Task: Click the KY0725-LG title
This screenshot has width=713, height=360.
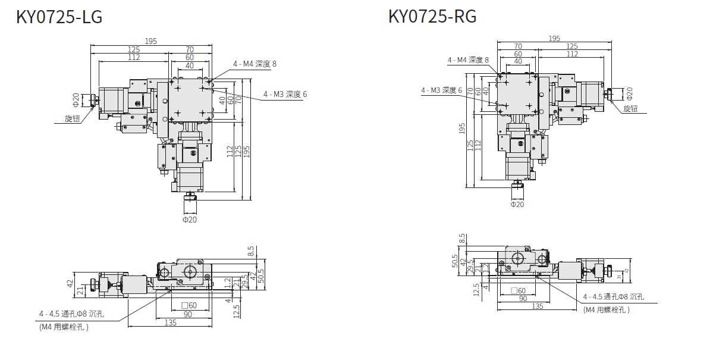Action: (x=59, y=17)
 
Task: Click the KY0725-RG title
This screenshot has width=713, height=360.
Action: (x=432, y=17)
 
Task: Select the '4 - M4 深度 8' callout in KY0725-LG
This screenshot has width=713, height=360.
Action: (x=255, y=64)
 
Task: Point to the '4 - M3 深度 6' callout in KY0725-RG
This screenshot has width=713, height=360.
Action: (x=442, y=90)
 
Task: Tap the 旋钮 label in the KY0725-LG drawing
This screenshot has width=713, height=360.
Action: (x=73, y=118)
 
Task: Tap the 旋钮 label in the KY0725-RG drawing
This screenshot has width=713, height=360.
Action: (x=630, y=109)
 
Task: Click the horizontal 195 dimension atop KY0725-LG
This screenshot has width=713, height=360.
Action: (x=150, y=41)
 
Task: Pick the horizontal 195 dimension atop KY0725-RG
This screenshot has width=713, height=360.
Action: (x=554, y=39)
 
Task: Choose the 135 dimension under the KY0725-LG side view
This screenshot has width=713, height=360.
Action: (x=171, y=323)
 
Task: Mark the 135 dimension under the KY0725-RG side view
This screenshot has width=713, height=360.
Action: (x=537, y=306)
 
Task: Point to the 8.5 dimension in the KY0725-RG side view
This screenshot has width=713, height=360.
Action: (x=463, y=238)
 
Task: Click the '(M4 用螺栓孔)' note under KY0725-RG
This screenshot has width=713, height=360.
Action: (x=606, y=309)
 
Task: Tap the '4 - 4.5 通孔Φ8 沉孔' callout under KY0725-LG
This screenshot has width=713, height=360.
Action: (x=71, y=314)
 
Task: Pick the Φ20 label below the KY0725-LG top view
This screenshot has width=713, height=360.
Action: (x=189, y=220)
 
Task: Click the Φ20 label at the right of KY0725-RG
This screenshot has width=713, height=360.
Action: (x=630, y=93)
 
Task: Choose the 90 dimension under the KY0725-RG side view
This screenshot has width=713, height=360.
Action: (x=523, y=299)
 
